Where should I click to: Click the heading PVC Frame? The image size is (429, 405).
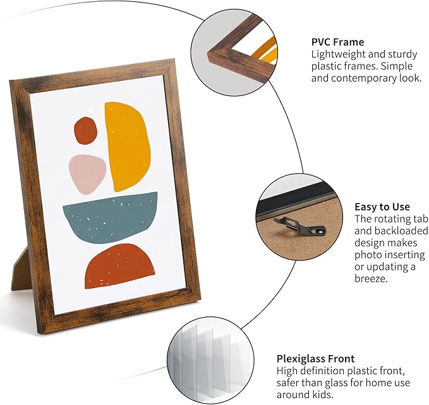pyautogui.click(x=337, y=42)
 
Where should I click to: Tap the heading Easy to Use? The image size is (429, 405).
pyautogui.click(x=382, y=207)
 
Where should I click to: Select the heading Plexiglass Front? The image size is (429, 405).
pyautogui.click(x=315, y=358)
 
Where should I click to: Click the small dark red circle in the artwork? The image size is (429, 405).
pyautogui.click(x=86, y=131)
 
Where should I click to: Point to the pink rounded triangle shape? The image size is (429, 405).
pyautogui.click(x=87, y=174)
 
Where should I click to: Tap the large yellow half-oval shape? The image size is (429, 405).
pyautogui.click(x=126, y=147)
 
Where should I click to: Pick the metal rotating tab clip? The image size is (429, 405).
pyautogui.click(x=299, y=226)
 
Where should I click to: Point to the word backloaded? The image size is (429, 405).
pyautogui.click(x=391, y=231)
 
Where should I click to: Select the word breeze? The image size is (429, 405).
pyautogui.click(x=372, y=279)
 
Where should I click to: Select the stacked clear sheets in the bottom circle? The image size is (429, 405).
pyautogui.click(x=209, y=361)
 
